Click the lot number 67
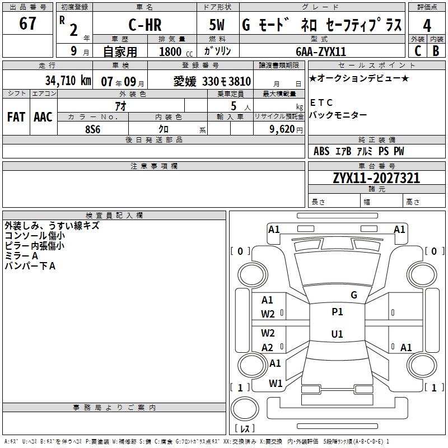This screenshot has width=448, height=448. pyautogui.click(x=27, y=25)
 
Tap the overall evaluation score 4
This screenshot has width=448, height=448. pyautogui.click(x=427, y=26)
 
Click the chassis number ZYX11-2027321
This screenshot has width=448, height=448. pyautogui.click(x=376, y=179)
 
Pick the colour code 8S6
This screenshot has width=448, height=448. pyautogui.click(x=92, y=128)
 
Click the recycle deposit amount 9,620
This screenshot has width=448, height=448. pyautogui.click(x=282, y=128)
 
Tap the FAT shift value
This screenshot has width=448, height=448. pyautogui.click(x=16, y=117)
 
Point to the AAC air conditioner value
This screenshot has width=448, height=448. pyautogui.click(x=43, y=117)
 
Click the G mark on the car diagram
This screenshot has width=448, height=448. pyautogui.click(x=353, y=295)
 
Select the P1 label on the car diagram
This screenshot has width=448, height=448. pyautogui.click(x=337, y=312)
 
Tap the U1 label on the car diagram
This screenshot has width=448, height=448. pyautogui.click(x=337, y=334)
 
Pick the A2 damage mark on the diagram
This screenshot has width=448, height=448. pyautogui.click(x=268, y=347)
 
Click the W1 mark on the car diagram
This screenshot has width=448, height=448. pyautogui.click(x=275, y=384)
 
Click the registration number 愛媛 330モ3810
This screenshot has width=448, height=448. pyautogui.click(x=212, y=81)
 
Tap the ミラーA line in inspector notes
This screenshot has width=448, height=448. pyautogui.click(x=21, y=255)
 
